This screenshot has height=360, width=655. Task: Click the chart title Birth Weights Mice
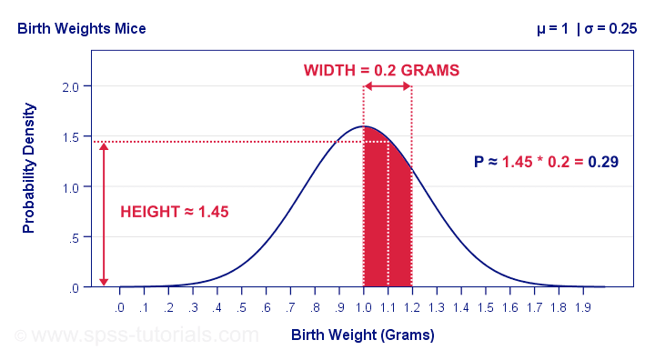(81, 28)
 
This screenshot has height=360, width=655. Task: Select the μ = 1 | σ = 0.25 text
(586, 28)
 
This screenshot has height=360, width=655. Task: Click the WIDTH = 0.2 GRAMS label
(381, 70)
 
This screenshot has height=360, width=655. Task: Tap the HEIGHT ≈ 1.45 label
(174, 212)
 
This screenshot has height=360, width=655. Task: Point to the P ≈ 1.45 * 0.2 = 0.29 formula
(546, 163)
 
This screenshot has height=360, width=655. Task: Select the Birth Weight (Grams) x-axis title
(363, 335)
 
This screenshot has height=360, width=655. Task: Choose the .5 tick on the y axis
(74, 237)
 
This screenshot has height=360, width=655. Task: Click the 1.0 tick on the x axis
(364, 307)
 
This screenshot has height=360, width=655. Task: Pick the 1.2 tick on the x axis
(412, 307)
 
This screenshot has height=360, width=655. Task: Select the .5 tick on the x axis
(242, 307)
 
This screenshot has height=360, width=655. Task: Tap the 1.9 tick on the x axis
(582, 307)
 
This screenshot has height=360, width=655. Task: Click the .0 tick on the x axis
(120, 307)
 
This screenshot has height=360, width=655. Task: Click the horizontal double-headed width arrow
(388, 86)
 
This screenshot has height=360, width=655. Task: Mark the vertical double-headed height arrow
(104, 214)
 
